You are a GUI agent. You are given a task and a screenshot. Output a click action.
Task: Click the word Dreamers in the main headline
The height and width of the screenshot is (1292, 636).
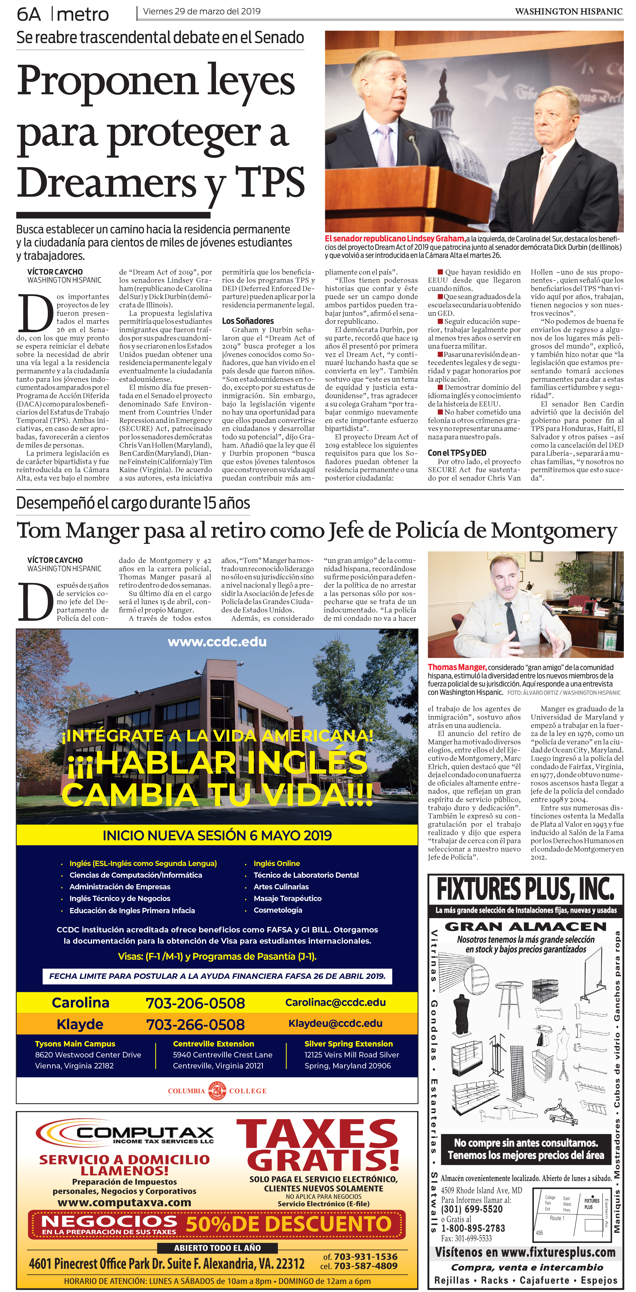tap(106, 183)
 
